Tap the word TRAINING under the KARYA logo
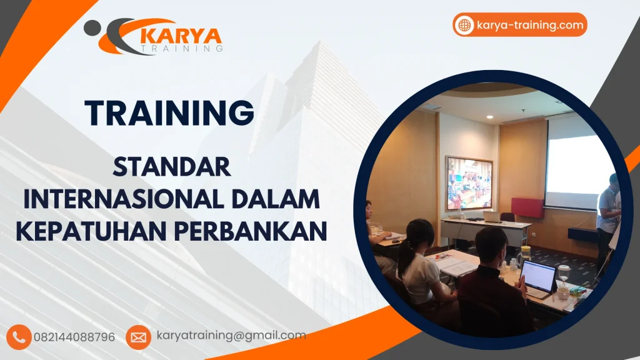tap(182, 48)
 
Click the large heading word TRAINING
tap(169, 113)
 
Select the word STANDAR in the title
tap(172, 167)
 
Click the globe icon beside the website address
tap(464, 25)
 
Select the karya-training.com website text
tap(530, 25)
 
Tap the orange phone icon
tap(21, 337)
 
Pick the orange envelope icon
tap(138, 337)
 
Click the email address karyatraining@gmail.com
tap(231, 336)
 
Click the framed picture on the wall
tap(469, 183)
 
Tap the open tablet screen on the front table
tap(538, 275)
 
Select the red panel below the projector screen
tap(527, 207)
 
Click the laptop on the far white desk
tap(492, 216)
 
